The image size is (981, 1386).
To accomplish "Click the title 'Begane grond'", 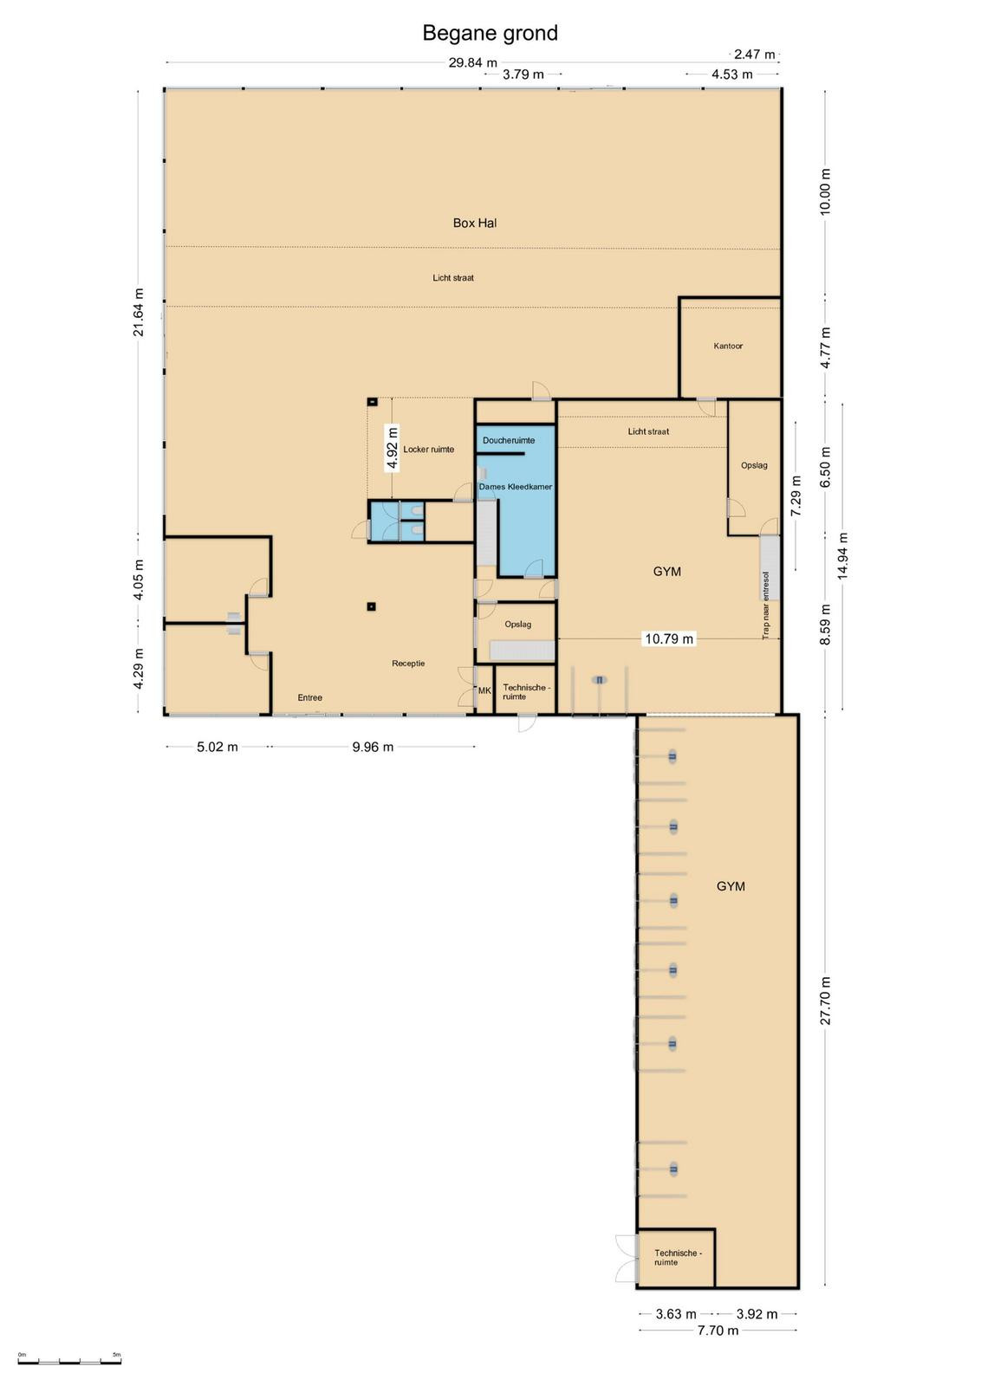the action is pyautogui.click(x=491, y=33).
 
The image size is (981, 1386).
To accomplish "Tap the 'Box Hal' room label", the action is pyautogui.click(x=475, y=223).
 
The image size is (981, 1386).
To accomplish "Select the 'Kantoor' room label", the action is pyautogui.click(x=728, y=346).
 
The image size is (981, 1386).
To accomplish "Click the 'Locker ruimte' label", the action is pyautogui.click(x=429, y=450).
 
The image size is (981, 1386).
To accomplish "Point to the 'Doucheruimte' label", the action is pyautogui.click(x=509, y=441).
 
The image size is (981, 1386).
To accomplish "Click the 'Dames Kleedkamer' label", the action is pyautogui.click(x=516, y=487).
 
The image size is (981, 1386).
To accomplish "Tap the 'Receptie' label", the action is pyautogui.click(x=408, y=664).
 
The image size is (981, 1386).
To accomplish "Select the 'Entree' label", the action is pyautogui.click(x=310, y=697).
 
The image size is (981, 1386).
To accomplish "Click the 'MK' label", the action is pyautogui.click(x=484, y=690).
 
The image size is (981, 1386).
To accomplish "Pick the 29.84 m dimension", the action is pyautogui.click(x=473, y=62).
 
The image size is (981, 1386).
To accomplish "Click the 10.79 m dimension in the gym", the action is pyautogui.click(x=669, y=638).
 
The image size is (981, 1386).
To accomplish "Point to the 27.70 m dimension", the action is pyautogui.click(x=826, y=1001).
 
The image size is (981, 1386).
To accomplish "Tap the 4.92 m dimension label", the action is pyautogui.click(x=392, y=449).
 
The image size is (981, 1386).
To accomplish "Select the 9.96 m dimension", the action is pyautogui.click(x=373, y=747).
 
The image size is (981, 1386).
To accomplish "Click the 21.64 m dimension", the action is pyautogui.click(x=138, y=313).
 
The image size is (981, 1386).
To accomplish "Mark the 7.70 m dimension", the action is pyautogui.click(x=718, y=1331).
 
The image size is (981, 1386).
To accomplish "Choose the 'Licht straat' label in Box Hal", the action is pyautogui.click(x=453, y=278).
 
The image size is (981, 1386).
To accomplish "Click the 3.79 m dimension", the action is pyautogui.click(x=523, y=74).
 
